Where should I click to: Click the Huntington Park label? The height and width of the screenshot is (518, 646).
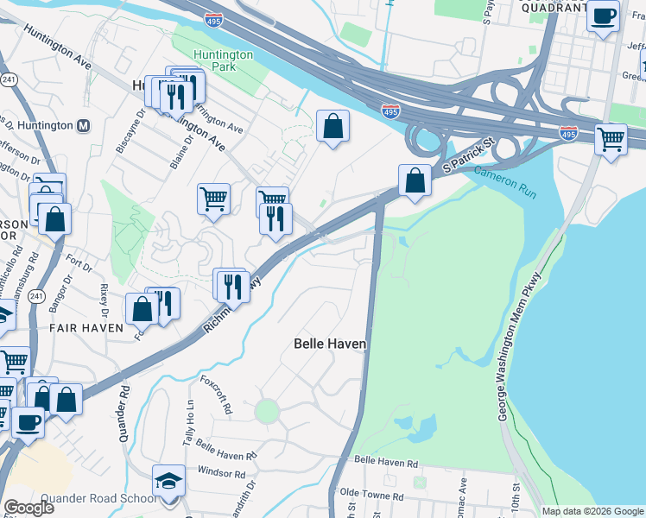click(223, 61)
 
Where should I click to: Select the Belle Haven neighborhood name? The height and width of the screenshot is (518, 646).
click(330, 344)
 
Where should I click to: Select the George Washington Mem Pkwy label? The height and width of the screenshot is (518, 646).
click(522, 347)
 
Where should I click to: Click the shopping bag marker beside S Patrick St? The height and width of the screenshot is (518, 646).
click(415, 181)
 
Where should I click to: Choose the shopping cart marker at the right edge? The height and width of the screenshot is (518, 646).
click(611, 138)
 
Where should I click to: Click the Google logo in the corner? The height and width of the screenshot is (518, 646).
click(28, 507)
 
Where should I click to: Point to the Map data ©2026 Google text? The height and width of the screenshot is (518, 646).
click(591, 511)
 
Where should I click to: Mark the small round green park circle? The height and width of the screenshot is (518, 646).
click(267, 411)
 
